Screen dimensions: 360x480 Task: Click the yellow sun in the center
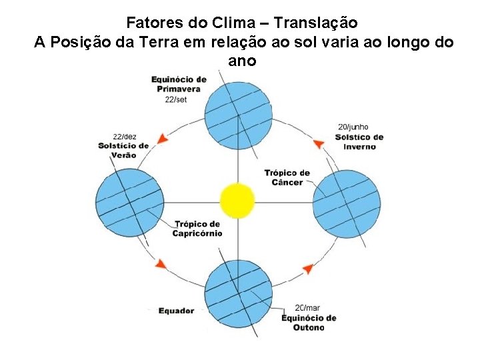(238, 200)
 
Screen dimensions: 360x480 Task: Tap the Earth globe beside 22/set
(238, 114)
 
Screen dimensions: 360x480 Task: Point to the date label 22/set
(177, 99)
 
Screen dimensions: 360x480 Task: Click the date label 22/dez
(125, 137)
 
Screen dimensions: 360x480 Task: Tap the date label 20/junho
(353, 127)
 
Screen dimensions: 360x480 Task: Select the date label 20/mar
(307, 308)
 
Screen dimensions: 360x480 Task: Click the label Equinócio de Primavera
(179, 84)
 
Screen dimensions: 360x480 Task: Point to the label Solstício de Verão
(123, 150)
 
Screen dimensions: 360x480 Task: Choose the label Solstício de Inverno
(359, 142)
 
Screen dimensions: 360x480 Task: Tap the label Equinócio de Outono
(309, 323)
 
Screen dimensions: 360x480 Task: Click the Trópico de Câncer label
(287, 178)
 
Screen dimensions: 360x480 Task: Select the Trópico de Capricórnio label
(197, 229)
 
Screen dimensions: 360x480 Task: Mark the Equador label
(176, 311)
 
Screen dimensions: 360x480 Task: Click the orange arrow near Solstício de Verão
(161, 139)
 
